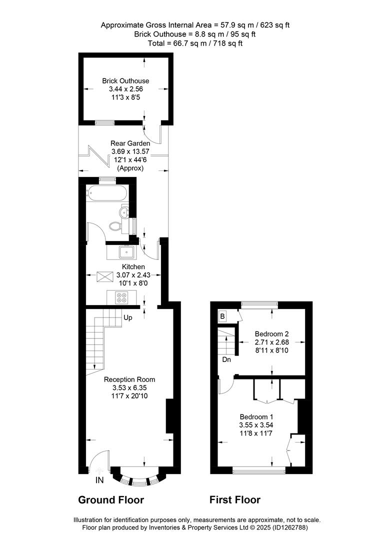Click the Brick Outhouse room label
tap(126, 81)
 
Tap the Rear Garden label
tap(130, 143)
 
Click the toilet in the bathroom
tap(114, 226)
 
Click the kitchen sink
tap(127, 252)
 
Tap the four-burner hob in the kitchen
tap(122, 297)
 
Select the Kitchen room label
tap(133, 266)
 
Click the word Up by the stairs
tap(128, 317)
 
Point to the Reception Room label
tap(129, 379)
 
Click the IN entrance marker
tap(99, 479)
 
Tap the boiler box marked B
tap(222, 316)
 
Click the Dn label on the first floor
tap(226, 359)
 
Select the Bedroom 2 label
tap(272, 333)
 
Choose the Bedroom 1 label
tap(256, 416)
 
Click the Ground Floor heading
tap(111, 499)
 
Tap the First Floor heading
tap(235, 499)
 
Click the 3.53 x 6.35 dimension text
tap(129, 388)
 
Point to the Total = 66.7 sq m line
tap(195, 43)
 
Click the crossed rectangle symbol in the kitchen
tap(105, 277)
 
